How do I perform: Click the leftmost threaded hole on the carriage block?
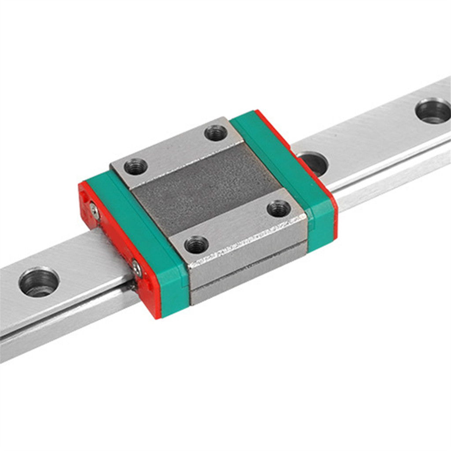click(136, 167)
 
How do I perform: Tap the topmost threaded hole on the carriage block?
click(216, 133)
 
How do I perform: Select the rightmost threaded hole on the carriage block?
click(279, 208)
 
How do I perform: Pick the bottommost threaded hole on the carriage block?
click(196, 244)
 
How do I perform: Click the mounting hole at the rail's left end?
click(39, 282)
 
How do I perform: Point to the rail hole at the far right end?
click(433, 111)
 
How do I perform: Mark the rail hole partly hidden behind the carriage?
click(314, 162)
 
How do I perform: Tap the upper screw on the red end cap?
click(95, 211)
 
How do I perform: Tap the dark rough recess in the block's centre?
click(207, 189)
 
